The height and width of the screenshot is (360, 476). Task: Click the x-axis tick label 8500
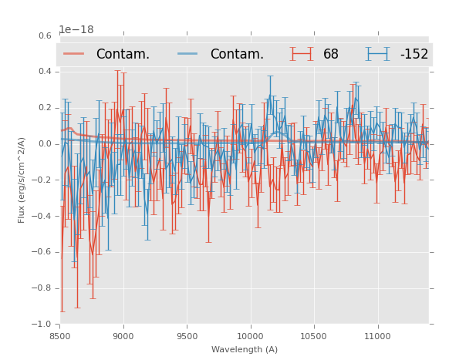59,335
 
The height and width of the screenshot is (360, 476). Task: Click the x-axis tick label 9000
123,335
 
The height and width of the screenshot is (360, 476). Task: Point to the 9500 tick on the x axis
187,335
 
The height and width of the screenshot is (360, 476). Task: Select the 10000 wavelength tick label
250,335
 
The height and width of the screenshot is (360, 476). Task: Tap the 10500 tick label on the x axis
314,335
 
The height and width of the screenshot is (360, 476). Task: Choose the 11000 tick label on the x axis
377,335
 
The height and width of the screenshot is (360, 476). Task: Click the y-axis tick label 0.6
44,35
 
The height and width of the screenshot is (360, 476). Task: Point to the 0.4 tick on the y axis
44,72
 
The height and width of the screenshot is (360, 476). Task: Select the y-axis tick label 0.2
44,108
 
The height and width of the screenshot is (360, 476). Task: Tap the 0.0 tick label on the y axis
44,144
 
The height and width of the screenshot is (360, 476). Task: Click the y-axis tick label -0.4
42,216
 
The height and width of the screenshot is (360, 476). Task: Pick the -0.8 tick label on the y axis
42,288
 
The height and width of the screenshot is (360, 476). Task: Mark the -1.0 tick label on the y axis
42,325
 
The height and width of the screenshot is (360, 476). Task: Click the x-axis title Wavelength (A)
245,349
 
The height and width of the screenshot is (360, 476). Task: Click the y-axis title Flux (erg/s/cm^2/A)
22,180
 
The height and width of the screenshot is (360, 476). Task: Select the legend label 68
331,54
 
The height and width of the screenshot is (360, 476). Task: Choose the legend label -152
414,54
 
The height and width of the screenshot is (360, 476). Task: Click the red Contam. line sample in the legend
74,54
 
